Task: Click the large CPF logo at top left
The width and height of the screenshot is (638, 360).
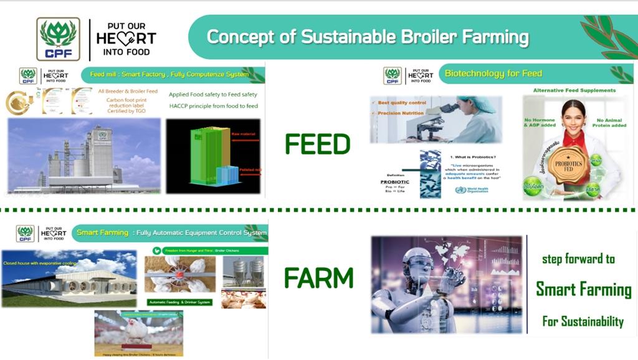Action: pyautogui.click(x=58, y=39)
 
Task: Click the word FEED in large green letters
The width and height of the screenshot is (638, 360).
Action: pyautogui.click(x=318, y=144)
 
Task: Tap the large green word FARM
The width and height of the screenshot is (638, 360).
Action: pyautogui.click(x=318, y=278)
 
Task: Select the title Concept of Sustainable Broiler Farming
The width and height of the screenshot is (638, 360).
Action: pyautogui.click(x=368, y=37)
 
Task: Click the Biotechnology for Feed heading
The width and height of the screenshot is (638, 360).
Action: pyautogui.click(x=493, y=73)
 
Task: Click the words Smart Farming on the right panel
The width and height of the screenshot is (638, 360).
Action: pyautogui.click(x=584, y=289)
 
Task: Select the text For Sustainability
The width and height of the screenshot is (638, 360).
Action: pyautogui.click(x=583, y=321)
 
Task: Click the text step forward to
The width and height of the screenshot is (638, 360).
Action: pyautogui.click(x=578, y=258)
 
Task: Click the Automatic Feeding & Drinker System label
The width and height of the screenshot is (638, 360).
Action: pyautogui.click(x=180, y=302)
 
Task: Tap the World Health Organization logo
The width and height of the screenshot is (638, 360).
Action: pyautogui.click(x=460, y=190)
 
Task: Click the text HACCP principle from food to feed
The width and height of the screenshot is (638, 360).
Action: pyautogui.click(x=213, y=107)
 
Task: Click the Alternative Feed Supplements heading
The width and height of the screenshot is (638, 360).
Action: pyautogui.click(x=574, y=90)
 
